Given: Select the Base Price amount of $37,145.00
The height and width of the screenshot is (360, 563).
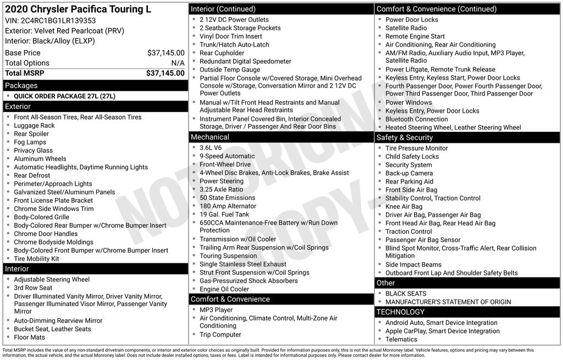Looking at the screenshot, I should [165, 53].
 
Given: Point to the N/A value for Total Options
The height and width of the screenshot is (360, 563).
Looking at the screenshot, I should [178, 63].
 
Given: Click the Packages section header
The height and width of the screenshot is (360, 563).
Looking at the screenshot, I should [21, 86].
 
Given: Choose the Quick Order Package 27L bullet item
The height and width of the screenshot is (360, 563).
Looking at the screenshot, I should [64, 96].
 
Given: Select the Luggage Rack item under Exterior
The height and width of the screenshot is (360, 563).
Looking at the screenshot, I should [34, 125].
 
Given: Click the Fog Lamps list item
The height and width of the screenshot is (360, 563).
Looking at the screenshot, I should [30, 142].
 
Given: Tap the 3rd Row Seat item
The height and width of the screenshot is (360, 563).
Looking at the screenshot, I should [33, 287].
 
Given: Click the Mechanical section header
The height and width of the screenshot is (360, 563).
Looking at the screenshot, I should [210, 137].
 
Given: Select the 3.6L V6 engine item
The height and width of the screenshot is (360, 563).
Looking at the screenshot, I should [211, 148].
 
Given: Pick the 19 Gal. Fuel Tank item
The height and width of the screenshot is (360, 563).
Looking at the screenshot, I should [224, 214].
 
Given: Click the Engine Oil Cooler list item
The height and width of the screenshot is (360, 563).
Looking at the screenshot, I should [224, 289].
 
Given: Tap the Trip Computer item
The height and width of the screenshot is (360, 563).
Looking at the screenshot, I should [220, 335].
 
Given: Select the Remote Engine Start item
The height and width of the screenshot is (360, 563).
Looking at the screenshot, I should [415, 36].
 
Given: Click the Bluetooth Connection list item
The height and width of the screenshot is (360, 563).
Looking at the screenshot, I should [417, 119].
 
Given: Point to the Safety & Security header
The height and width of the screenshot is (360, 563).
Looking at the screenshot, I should [405, 137].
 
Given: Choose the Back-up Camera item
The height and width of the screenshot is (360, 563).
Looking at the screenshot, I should [409, 173].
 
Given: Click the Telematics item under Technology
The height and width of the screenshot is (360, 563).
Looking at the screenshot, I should [401, 339].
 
